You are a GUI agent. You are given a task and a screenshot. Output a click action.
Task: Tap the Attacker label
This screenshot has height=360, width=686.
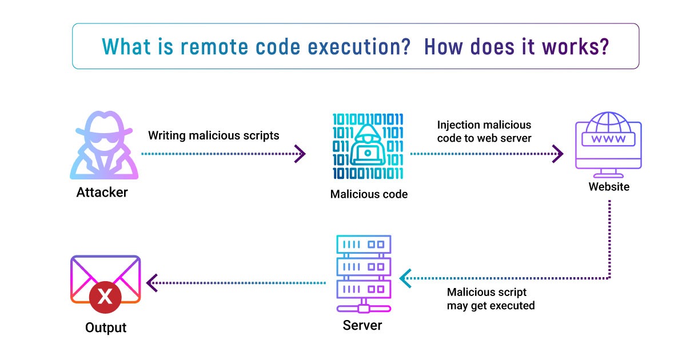pyautogui.click(x=102, y=193)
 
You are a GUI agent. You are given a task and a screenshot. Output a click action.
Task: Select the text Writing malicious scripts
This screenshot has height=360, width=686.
pyautogui.click(x=214, y=135)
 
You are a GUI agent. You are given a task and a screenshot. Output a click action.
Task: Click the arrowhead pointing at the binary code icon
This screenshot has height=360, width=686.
pyautogui.click(x=300, y=154)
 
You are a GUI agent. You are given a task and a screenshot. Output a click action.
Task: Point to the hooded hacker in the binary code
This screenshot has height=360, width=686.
pyautogui.click(x=367, y=148)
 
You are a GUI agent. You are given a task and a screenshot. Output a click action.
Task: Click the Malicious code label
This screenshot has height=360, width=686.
pyautogui.click(x=369, y=194)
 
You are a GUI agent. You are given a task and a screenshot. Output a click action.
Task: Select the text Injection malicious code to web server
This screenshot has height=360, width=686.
pyautogui.click(x=484, y=131)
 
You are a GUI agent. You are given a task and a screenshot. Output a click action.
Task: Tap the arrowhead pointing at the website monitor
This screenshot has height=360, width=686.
pyautogui.click(x=557, y=154)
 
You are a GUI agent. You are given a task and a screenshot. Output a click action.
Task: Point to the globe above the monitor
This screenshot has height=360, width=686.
pyautogui.click(x=608, y=121)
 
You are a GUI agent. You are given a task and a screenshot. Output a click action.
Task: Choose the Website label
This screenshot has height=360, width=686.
pyautogui.click(x=609, y=187)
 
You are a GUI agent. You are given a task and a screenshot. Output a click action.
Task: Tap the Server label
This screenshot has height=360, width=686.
pyautogui.click(x=362, y=326)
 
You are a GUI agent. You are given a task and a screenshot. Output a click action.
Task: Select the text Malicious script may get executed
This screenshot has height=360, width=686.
pyautogui.click(x=490, y=299)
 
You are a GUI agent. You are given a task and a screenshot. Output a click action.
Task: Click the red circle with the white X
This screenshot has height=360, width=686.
pyautogui.click(x=105, y=297)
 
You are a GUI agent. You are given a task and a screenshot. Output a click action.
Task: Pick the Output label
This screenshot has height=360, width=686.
pyautogui.click(x=105, y=327)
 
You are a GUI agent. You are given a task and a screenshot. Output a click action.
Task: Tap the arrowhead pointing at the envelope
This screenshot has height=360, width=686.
pyautogui.click(x=152, y=282)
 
